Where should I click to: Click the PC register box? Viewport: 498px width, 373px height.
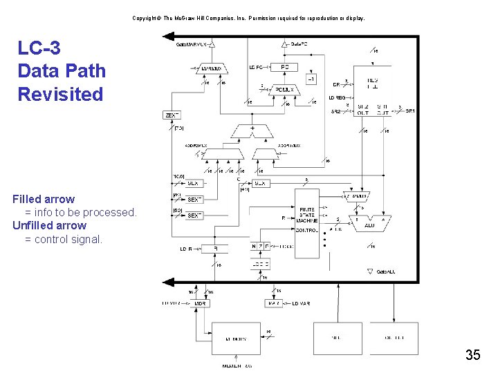point(285,67)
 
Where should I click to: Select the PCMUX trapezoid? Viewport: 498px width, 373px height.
point(284,89)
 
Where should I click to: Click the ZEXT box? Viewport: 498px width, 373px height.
point(172,115)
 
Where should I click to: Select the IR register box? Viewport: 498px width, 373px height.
point(214,249)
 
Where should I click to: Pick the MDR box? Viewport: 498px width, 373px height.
point(200,303)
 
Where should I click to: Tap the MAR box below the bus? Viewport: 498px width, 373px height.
point(273,303)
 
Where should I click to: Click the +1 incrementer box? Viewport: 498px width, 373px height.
point(312,79)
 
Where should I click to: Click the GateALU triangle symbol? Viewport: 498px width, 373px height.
point(370,271)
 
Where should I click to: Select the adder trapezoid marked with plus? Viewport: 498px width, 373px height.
point(252,130)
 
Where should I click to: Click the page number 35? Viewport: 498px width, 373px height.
point(472,356)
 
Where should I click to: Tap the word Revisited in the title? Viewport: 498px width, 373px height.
point(60,94)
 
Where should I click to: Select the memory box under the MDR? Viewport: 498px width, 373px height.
point(236,339)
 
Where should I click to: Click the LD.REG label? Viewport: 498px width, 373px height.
point(337,98)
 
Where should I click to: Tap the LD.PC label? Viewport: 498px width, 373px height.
point(256,67)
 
